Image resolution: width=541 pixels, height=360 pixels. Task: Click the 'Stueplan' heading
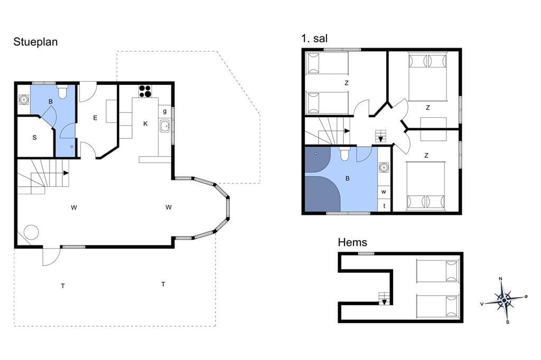coord(35,42)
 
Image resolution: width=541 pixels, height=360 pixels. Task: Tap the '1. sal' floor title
coord(314,39)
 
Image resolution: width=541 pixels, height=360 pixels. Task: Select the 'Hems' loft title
coord(352,242)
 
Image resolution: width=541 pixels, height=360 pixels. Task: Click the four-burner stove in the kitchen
coord(145,91)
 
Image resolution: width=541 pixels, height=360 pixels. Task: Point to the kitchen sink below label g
coord(165,126)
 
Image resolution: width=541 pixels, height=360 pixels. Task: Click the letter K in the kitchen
coord(145,124)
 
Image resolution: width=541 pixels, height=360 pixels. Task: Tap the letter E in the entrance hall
coord(95,118)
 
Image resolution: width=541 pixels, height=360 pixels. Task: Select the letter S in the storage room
coord(34,138)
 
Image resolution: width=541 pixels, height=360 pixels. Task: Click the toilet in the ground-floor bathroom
coord(62,92)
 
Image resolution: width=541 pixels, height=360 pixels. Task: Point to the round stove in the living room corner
coord(31,232)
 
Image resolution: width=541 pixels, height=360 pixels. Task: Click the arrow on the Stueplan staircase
coord(66,173)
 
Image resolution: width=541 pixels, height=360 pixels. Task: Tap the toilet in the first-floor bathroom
coord(344,154)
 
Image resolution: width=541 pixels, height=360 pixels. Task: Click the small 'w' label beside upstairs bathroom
coord(384,192)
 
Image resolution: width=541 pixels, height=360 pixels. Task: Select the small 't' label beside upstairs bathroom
coord(384,206)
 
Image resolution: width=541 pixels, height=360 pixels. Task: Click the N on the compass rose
coord(501,279)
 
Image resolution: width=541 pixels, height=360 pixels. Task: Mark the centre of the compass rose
coord(504,300)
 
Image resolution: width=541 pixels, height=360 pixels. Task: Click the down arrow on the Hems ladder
coord(384,302)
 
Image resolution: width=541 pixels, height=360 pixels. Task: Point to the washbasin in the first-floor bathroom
coord(384,168)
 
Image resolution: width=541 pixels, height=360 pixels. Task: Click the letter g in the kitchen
coord(165,111)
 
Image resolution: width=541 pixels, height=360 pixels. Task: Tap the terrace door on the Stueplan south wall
coord(51,257)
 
